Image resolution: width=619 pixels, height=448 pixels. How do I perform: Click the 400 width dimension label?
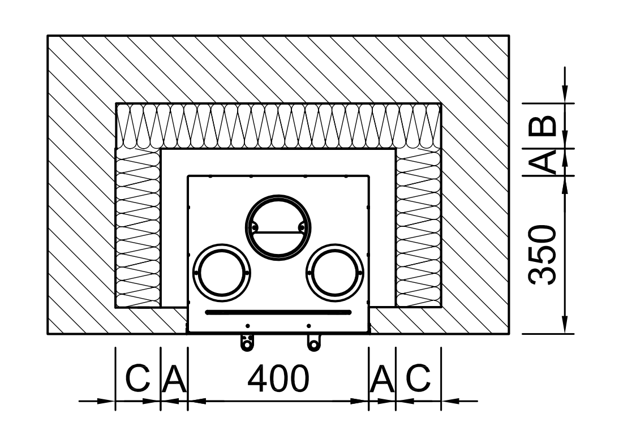(x=278, y=378)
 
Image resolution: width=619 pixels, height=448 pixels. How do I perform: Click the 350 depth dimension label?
(x=543, y=255)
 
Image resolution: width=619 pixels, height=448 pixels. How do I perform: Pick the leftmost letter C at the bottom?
(x=137, y=378)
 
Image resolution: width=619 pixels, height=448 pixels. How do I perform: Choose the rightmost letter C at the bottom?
(x=418, y=378)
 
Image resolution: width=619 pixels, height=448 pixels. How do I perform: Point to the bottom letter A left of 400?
(x=174, y=378)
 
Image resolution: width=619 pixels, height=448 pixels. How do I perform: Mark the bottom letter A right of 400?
(x=382, y=378)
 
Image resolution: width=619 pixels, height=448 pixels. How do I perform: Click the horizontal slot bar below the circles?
(x=278, y=313)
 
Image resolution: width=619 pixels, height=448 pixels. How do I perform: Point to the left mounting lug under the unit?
(x=247, y=343)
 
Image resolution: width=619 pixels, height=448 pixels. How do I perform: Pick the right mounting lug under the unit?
(x=314, y=343)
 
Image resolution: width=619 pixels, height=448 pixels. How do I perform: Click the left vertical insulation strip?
(x=137, y=228)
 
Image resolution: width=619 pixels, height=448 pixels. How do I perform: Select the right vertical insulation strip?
(x=419, y=228)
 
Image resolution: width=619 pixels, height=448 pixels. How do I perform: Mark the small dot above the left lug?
(x=247, y=326)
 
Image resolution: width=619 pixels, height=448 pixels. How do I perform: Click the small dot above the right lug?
(x=309, y=326)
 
